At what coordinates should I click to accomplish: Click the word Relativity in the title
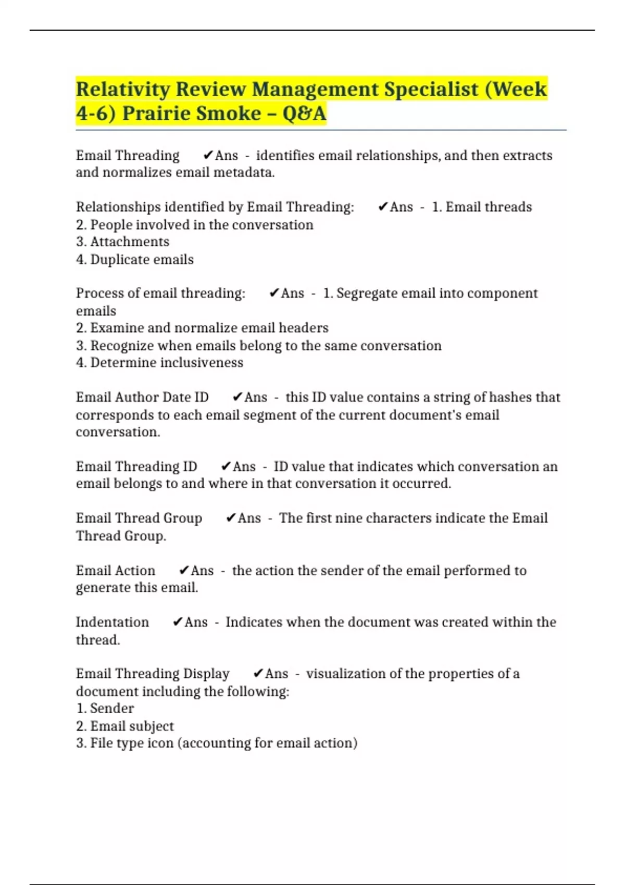point(123,90)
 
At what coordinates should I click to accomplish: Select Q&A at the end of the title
point(304,113)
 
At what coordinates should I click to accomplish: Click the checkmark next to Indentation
point(178,622)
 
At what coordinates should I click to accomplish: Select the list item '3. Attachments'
point(122,242)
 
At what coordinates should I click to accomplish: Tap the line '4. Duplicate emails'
point(134,259)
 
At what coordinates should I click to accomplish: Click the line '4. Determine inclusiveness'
point(159,362)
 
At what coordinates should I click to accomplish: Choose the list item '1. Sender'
point(105,708)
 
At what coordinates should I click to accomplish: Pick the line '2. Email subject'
point(124,726)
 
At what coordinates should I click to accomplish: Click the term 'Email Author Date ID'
point(142,397)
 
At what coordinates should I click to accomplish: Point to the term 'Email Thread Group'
point(139,518)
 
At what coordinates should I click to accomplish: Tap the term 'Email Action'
point(115,571)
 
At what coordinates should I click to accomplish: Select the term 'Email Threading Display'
point(152,674)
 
